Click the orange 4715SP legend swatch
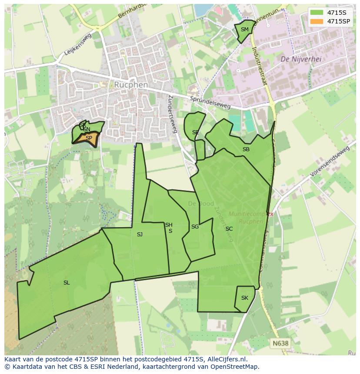point(317,21)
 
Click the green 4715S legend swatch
point(317,13)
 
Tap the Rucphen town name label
point(131,85)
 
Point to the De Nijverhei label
point(301,59)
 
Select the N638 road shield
point(280,343)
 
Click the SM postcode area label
point(244,30)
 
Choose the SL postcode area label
point(67,283)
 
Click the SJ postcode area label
point(140,235)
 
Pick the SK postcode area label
point(244,298)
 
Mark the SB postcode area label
point(246,149)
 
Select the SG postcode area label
point(195,227)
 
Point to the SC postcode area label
point(229,229)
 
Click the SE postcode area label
point(196,132)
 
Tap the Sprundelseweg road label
point(210,103)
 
